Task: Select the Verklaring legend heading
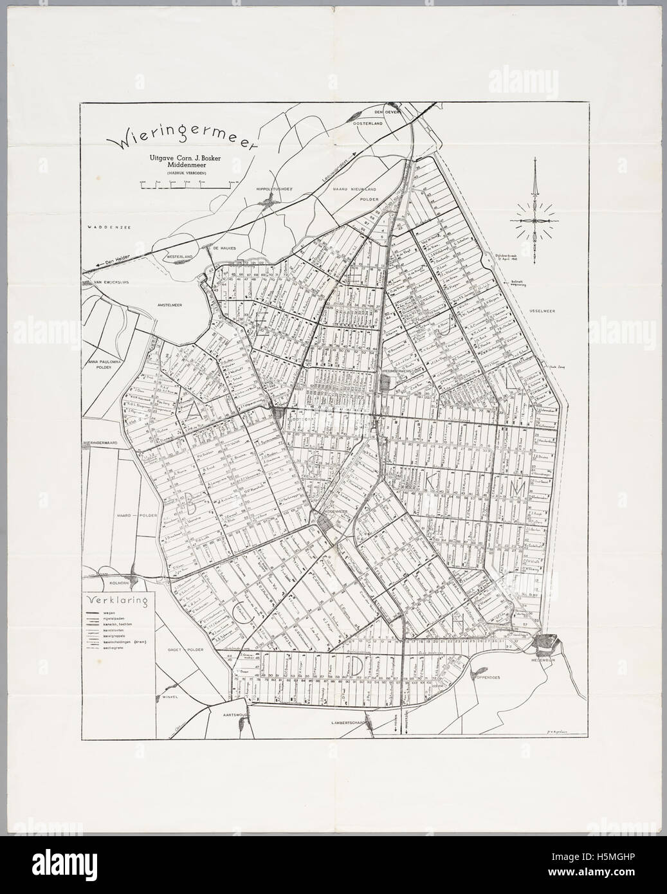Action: point(120,602)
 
